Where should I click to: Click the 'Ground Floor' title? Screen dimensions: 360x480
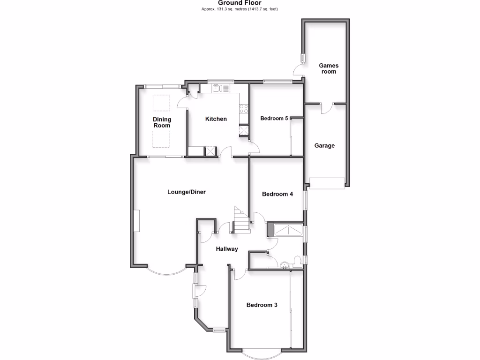pyautogui.click(x=240, y=3)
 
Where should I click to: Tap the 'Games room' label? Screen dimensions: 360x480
pyautogui.click(x=329, y=68)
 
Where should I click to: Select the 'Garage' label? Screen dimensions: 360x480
pyautogui.click(x=324, y=146)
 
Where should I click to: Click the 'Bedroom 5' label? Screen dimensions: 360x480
pyautogui.click(x=274, y=119)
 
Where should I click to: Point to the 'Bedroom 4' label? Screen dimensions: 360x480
pyautogui.click(x=277, y=194)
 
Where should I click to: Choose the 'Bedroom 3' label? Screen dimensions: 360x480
pyautogui.click(x=262, y=305)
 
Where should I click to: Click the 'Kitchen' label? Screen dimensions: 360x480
pyautogui.click(x=216, y=119)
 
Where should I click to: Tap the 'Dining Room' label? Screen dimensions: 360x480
pyautogui.click(x=162, y=122)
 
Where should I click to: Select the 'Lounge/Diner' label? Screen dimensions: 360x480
pyautogui.click(x=187, y=192)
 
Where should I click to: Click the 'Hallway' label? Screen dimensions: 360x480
pyautogui.click(x=227, y=249)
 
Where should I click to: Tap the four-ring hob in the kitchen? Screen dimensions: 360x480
pyautogui.click(x=244, y=109)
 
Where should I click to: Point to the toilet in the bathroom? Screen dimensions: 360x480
pyautogui.click(x=297, y=260)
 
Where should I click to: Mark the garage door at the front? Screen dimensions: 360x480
pyautogui.click(x=327, y=183)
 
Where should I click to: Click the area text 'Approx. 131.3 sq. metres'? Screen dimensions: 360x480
pyautogui.click(x=225, y=9)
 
